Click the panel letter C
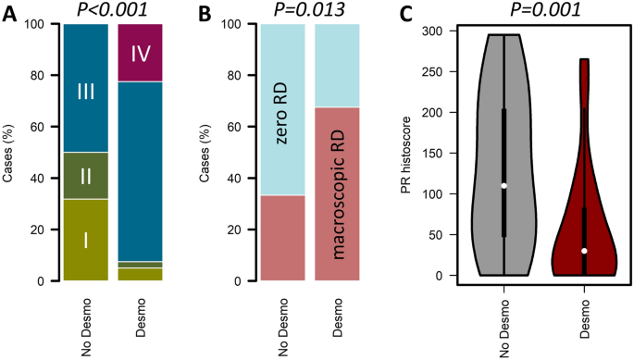[429, 13]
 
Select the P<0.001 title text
[112, 9]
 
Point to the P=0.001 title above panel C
[544, 9]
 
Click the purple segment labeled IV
[141, 53]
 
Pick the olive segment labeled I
[86, 240]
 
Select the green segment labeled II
[86, 175]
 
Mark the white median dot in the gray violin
[504, 186]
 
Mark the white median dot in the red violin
[584, 251]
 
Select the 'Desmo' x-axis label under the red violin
[585, 318]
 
